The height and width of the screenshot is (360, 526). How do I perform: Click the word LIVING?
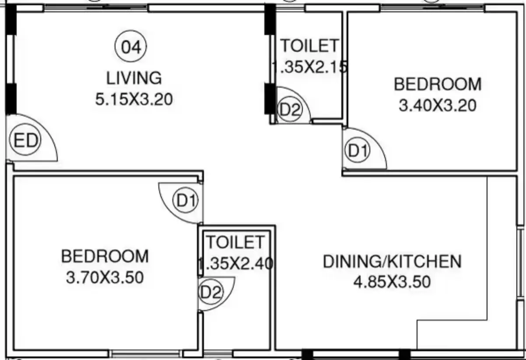(x=134, y=78)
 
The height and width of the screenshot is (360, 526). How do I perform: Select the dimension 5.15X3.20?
(x=134, y=99)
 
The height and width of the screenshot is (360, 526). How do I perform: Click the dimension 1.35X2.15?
(x=309, y=67)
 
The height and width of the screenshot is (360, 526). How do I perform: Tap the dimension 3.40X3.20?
(x=438, y=105)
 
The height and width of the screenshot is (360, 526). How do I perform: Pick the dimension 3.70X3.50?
(x=105, y=278)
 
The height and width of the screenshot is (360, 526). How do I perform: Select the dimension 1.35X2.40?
(x=236, y=263)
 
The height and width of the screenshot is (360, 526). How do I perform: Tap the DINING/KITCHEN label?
(x=392, y=261)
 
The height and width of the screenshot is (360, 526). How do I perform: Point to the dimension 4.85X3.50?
(x=392, y=282)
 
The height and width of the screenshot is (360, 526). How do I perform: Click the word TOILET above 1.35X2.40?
(x=235, y=242)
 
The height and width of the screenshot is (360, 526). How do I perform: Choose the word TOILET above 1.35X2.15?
(x=310, y=46)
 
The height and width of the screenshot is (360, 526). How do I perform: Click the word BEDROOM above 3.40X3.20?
(x=438, y=84)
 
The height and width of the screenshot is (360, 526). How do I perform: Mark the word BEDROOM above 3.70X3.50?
(x=105, y=256)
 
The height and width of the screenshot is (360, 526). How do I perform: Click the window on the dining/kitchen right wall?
(x=521, y=263)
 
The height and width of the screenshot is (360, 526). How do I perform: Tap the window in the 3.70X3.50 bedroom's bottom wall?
(x=146, y=353)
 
